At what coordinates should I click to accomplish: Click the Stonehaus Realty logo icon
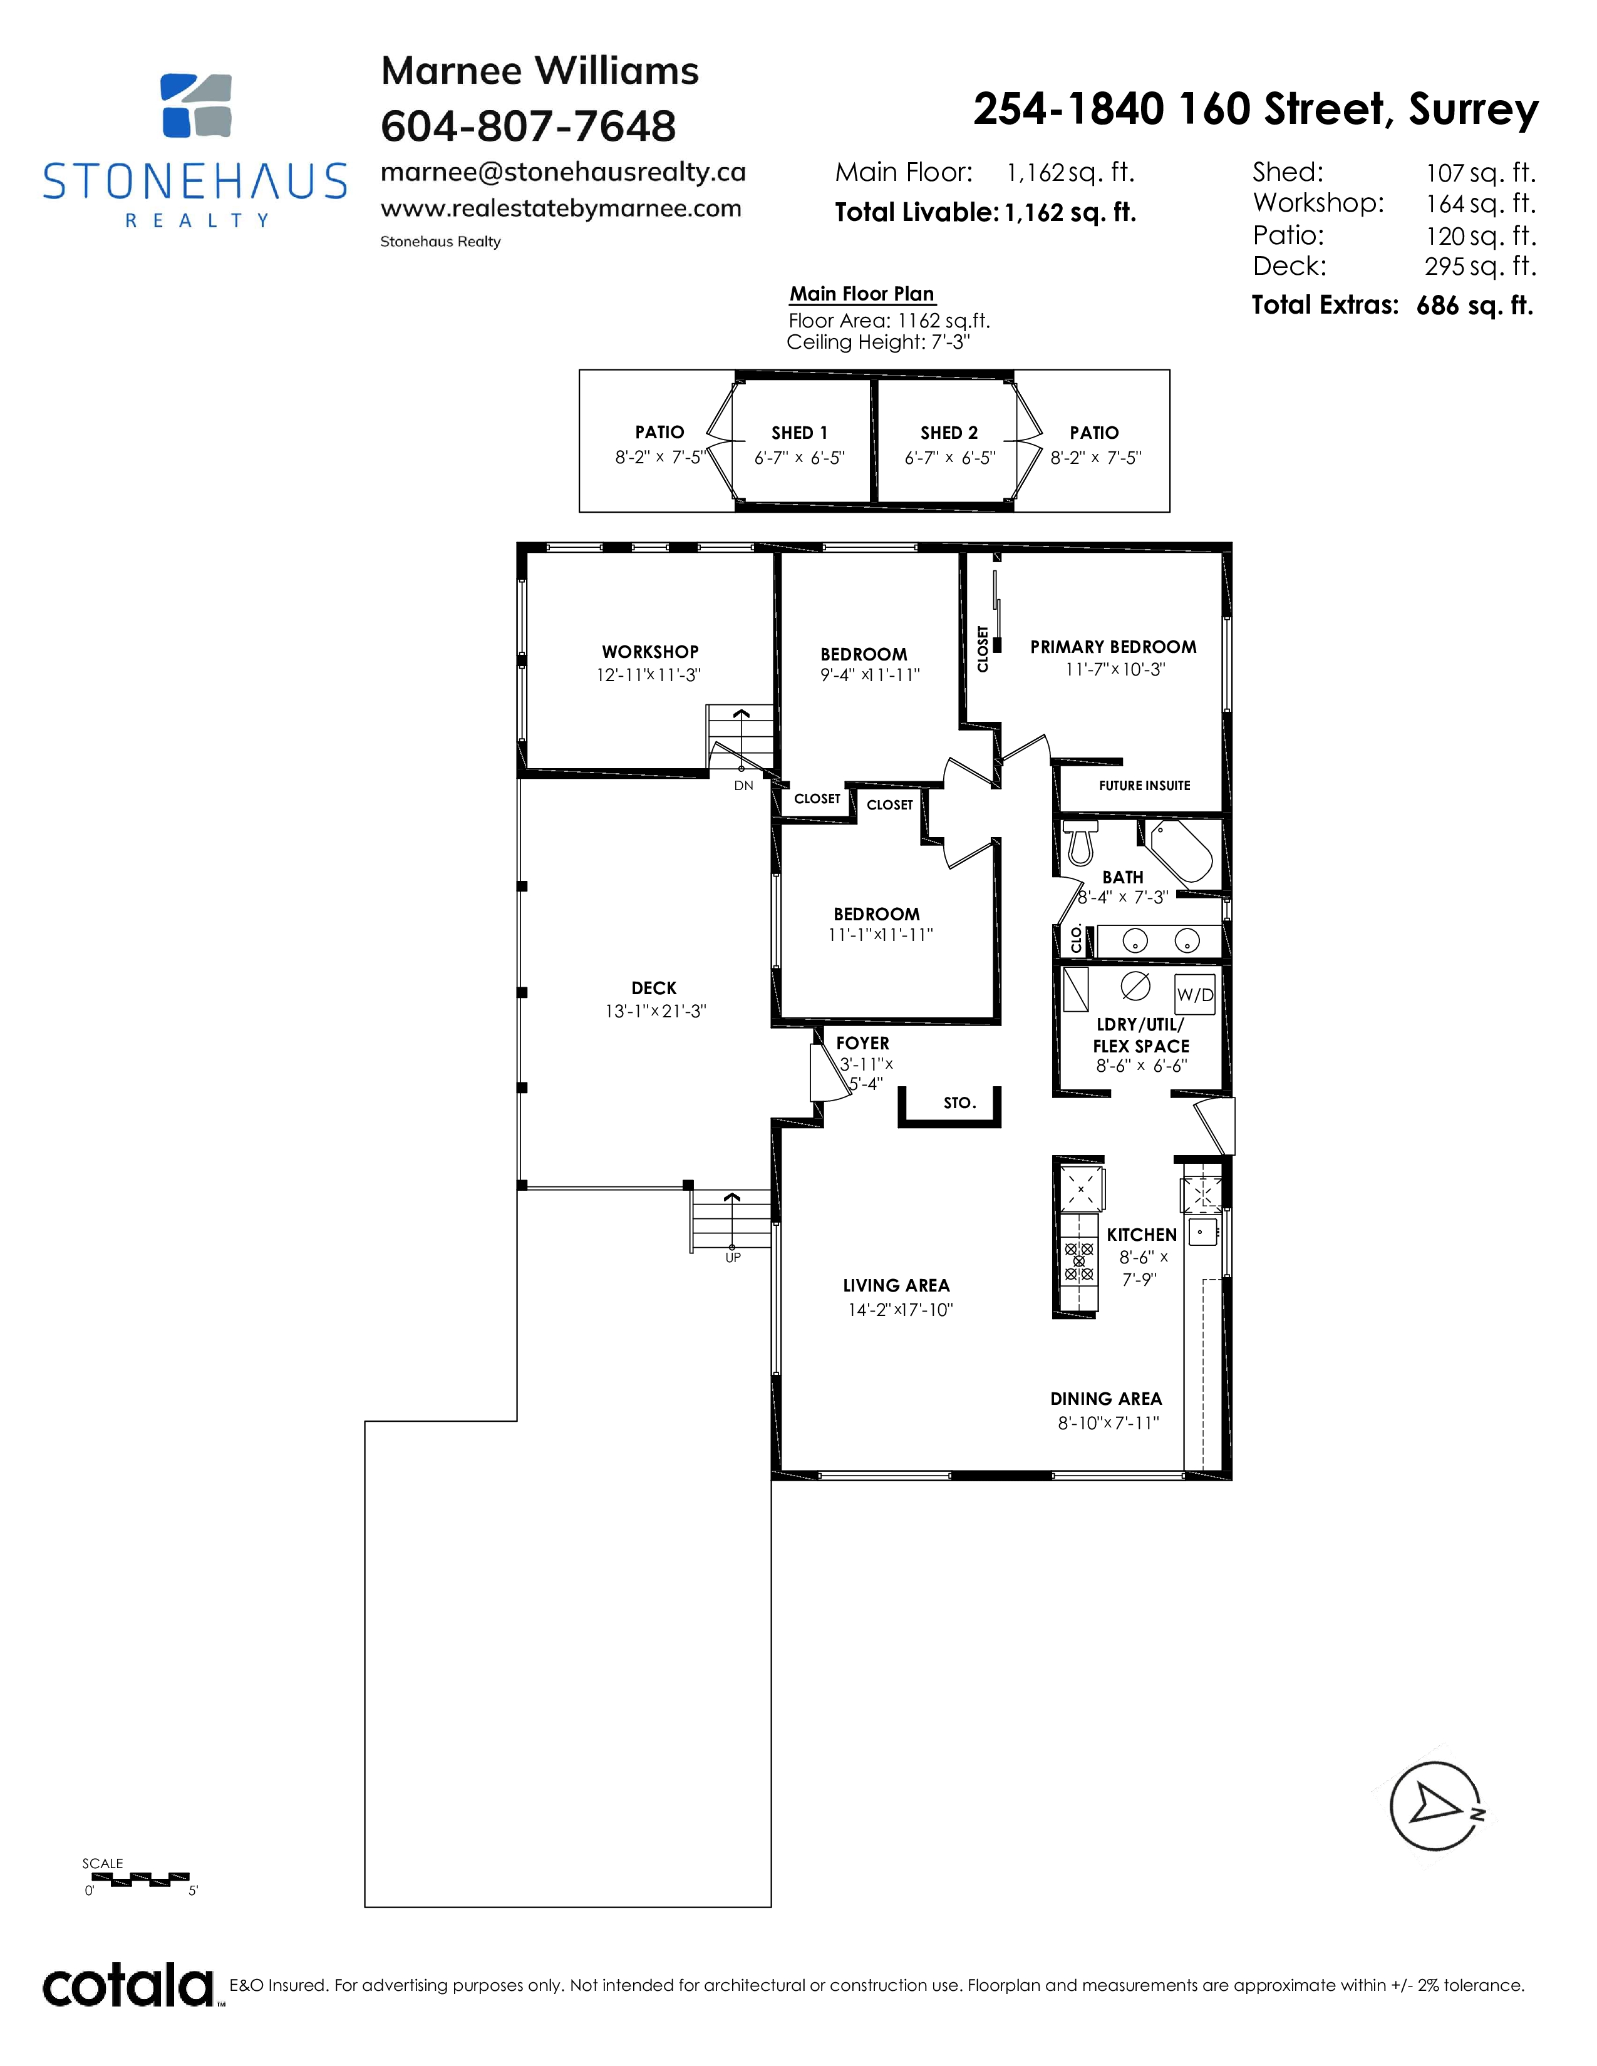(x=196, y=105)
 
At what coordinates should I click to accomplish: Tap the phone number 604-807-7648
(x=528, y=126)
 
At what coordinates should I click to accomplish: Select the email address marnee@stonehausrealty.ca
(x=563, y=172)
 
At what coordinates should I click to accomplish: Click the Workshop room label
(x=650, y=652)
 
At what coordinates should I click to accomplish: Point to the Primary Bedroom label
(x=1114, y=647)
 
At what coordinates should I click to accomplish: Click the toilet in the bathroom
(x=1080, y=842)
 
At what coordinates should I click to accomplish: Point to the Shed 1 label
(x=800, y=433)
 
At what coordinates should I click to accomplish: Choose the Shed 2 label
(x=949, y=433)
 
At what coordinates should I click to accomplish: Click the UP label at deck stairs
(x=733, y=1257)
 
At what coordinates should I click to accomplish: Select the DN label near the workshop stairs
(x=743, y=785)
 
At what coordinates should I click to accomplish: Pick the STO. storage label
(x=959, y=1103)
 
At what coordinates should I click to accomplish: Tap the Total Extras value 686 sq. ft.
(x=1475, y=306)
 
